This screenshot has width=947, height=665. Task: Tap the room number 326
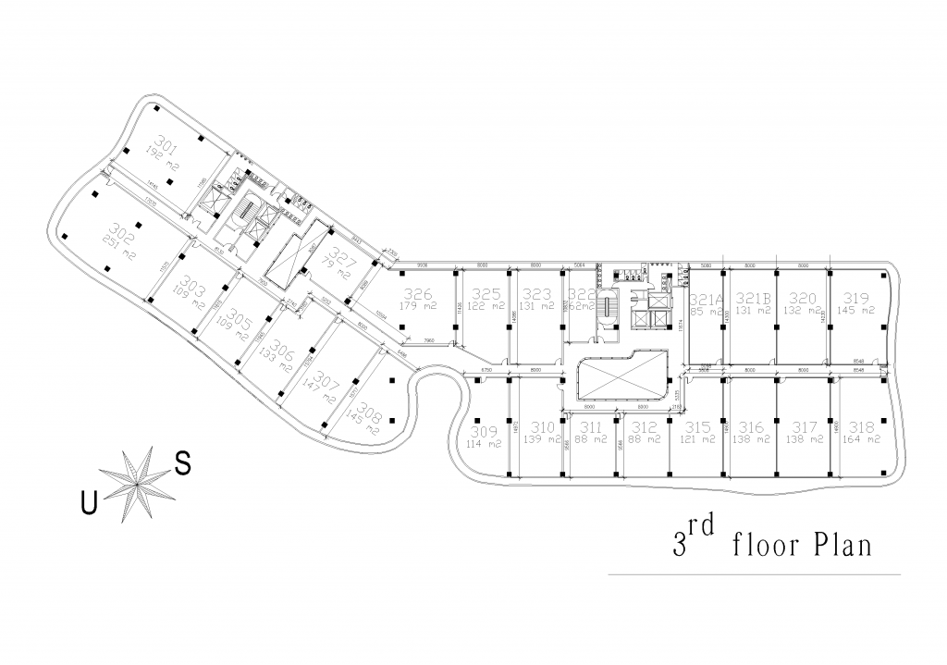click(417, 294)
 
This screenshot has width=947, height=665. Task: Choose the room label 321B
click(754, 299)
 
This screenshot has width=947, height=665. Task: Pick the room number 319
click(856, 299)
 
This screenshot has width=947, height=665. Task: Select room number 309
click(484, 431)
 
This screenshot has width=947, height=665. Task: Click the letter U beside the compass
click(89, 503)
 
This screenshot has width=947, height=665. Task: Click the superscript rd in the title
click(705, 528)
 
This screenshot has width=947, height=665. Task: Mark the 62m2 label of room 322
click(582, 306)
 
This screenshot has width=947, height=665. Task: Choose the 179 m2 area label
click(418, 306)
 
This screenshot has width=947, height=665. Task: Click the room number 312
click(646, 427)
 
